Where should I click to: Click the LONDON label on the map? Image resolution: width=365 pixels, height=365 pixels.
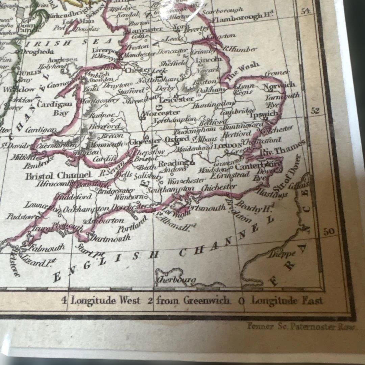(228, 146)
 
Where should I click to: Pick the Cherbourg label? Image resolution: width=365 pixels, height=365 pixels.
(176, 280)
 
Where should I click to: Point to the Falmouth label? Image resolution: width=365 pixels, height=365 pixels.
(48, 248)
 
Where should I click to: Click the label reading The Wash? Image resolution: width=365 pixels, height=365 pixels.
(243, 71)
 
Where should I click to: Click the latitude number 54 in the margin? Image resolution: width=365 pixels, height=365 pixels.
(305, 11)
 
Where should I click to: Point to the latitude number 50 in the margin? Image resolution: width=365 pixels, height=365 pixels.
(328, 232)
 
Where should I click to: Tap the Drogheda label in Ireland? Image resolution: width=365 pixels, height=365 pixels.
(38, 51)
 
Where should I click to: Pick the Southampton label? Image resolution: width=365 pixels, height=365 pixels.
(171, 189)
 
